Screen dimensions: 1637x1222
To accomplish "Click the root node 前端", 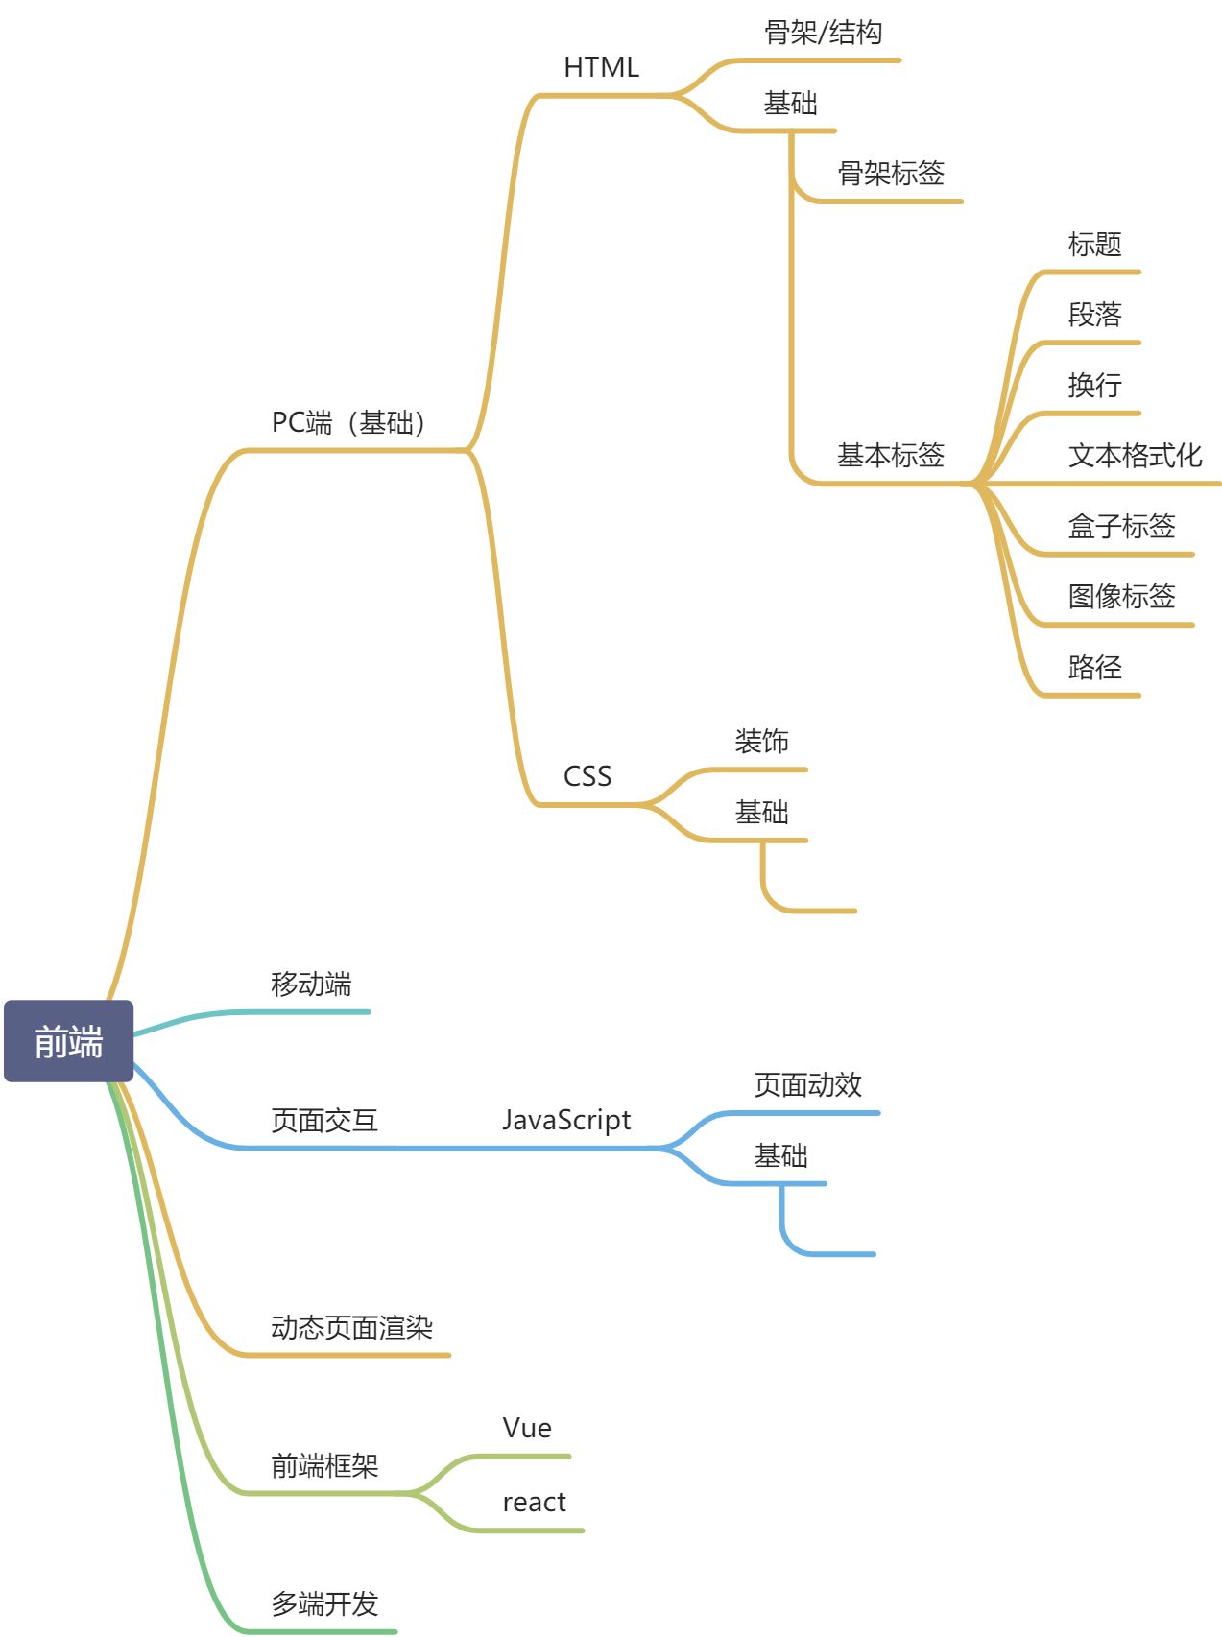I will pos(68,1041).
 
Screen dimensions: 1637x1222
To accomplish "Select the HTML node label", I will pos(601,67).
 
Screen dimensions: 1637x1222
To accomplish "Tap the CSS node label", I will pos(587,775).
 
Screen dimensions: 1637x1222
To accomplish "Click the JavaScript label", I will pos(566,1120).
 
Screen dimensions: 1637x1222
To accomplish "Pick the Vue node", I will pos(527,1428).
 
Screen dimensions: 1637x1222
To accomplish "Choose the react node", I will pos(534,1502).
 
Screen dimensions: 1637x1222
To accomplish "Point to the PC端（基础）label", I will pos(348,422).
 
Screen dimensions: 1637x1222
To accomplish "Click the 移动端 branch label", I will pos(311,984).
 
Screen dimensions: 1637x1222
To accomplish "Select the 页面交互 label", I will pos(324,1120).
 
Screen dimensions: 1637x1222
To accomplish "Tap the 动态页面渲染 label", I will pos(351,1327).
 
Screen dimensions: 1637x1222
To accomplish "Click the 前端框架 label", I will pos(324,1465).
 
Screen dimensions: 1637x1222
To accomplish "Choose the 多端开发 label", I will pos(324,1602).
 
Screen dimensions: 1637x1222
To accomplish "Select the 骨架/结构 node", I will pos(823,33).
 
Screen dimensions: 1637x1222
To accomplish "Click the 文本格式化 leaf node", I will pos(1135,455).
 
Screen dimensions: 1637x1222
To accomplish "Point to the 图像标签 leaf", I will pos(1121,596).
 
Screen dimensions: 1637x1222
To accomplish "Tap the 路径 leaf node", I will pos(1094,666).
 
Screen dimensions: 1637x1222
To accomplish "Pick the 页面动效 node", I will pos(807,1084).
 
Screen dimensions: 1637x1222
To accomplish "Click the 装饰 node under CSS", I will pos(761,741).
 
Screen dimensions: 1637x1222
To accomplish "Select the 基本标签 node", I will pos(890,455).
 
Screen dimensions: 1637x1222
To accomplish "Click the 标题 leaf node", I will pos(1094,244).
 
